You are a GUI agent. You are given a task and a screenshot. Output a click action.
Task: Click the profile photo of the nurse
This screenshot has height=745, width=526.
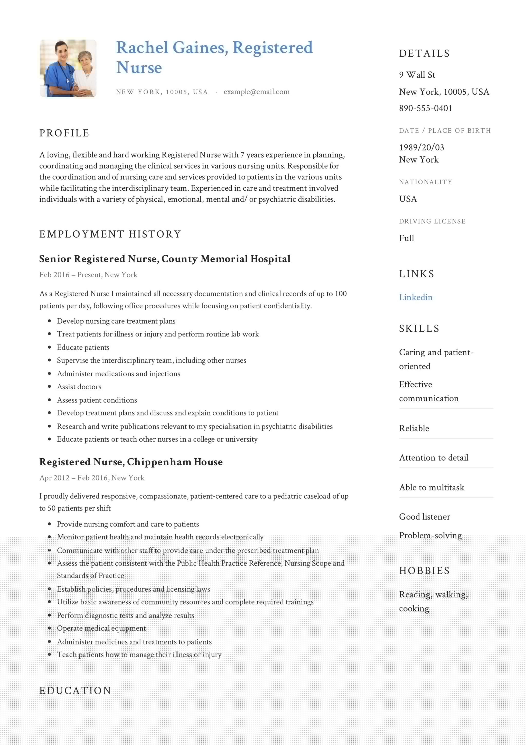pyautogui.click(x=68, y=68)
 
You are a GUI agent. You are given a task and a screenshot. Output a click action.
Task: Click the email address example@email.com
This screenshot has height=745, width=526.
pyautogui.click(x=256, y=92)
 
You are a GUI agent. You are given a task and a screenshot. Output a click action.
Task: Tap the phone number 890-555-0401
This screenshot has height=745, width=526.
pyautogui.click(x=426, y=108)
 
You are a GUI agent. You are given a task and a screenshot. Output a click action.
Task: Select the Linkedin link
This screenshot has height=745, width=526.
pyautogui.click(x=416, y=297)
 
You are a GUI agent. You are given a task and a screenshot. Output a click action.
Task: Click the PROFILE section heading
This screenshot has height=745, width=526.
pyautogui.click(x=64, y=133)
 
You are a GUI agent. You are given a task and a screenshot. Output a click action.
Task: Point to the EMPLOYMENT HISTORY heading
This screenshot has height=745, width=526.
pyautogui.click(x=110, y=234)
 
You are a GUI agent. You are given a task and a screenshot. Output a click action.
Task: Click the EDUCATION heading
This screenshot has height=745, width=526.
pyautogui.click(x=75, y=691)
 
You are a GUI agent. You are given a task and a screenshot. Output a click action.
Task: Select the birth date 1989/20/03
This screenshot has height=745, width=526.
pyautogui.click(x=421, y=148)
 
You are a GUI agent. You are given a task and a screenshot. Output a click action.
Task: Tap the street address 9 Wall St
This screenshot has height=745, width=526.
pyautogui.click(x=417, y=75)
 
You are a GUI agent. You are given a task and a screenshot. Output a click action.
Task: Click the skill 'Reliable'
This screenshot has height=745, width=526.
pyautogui.click(x=414, y=428)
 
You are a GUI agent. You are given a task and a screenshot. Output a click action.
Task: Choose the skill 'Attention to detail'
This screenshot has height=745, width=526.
pyautogui.click(x=434, y=458)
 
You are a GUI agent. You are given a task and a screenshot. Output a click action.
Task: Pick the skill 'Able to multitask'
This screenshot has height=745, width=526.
pyautogui.click(x=431, y=487)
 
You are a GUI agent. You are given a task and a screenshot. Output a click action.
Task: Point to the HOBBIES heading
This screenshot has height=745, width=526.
pyautogui.click(x=424, y=570)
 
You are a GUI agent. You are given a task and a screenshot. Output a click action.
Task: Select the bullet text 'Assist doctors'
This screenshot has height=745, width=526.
pyautogui.click(x=79, y=387)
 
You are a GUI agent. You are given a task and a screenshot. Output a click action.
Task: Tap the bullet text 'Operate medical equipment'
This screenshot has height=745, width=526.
pyautogui.click(x=101, y=628)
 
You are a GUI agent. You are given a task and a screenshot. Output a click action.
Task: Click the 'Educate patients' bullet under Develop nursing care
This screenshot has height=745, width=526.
pyautogui.click(x=83, y=348)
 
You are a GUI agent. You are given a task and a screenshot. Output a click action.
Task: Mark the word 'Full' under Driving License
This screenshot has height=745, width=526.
pyautogui.click(x=406, y=238)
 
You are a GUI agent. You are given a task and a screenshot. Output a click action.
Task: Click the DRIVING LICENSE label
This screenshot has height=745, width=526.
pyautogui.click(x=432, y=221)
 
